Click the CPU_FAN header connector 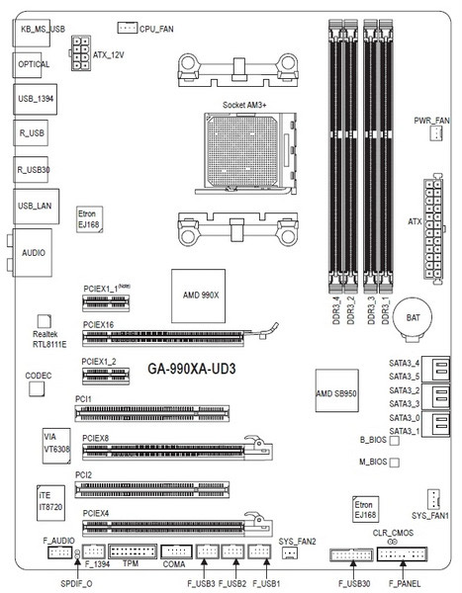pyautogui.click(x=127, y=28)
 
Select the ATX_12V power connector pyautogui.click(x=81, y=53)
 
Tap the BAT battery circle pyautogui.click(x=413, y=319)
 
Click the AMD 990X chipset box pyautogui.click(x=199, y=296)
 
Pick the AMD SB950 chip pyautogui.click(x=336, y=390)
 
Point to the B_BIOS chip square pyautogui.click(x=394, y=440)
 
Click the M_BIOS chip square pyautogui.click(x=394, y=463)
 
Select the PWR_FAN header pyautogui.click(x=436, y=133)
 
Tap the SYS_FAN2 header pyautogui.click(x=290, y=552)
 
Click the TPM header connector pyautogui.click(x=133, y=551)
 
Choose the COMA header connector pyautogui.click(x=176, y=551)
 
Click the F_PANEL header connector pyautogui.click(x=402, y=554)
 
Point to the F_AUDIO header pyautogui.click(x=59, y=552)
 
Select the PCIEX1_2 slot pyautogui.click(x=106, y=376)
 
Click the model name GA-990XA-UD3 pyautogui.click(x=192, y=369)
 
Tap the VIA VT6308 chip pyautogui.click(x=56, y=446)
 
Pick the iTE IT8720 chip pyautogui.click(x=50, y=503)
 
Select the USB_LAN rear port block pyautogui.click(x=36, y=207)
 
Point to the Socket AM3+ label pyautogui.click(x=244, y=105)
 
